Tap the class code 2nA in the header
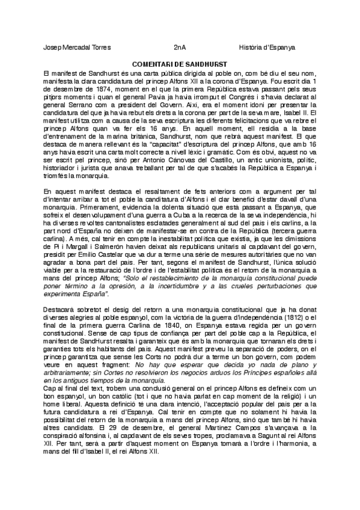(179, 47)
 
